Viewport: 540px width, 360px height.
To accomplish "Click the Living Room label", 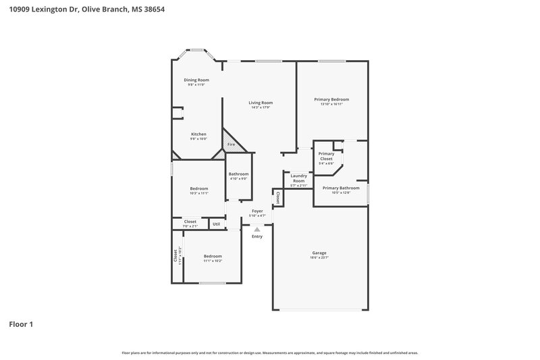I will (x=261, y=103).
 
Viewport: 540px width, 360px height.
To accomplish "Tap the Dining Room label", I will (x=196, y=80).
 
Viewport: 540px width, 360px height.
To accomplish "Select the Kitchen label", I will (x=198, y=134).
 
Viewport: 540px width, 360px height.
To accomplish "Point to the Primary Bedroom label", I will (x=331, y=99).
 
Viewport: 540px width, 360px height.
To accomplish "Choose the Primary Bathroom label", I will (x=341, y=188).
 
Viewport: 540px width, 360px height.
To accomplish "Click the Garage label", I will (x=319, y=253).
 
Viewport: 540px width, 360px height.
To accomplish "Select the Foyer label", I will (x=257, y=211).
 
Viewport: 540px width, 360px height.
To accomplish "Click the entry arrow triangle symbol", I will (x=256, y=229).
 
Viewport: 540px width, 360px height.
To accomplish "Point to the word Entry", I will (x=257, y=236).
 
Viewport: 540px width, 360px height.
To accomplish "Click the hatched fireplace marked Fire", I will (x=231, y=145).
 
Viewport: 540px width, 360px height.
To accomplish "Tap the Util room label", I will (x=216, y=224).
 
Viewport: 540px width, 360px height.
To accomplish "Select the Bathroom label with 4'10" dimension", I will (x=238, y=174).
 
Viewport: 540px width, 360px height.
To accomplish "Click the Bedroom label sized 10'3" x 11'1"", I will (x=198, y=188).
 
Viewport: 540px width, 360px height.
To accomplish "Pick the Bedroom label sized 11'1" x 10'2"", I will (x=213, y=256).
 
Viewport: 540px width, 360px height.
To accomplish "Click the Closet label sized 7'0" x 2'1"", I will (x=190, y=222).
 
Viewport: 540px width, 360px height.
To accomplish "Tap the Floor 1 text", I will (x=20, y=324).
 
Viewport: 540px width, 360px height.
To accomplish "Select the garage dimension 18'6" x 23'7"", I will (x=319, y=257).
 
